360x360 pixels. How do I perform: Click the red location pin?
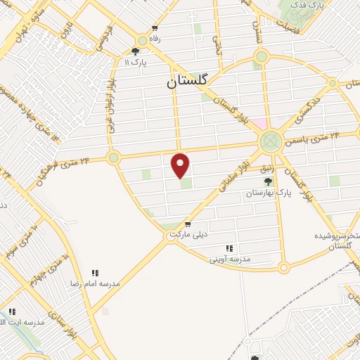tap(181, 165)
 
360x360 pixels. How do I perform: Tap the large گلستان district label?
tap(188, 81)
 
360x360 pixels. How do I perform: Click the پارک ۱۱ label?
tap(136, 63)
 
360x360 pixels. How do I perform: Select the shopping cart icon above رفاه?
tap(155, 29)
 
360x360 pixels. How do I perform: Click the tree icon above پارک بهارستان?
tap(268, 181)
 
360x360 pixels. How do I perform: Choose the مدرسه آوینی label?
tap(230, 259)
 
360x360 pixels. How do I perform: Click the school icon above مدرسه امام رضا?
tap(94, 273)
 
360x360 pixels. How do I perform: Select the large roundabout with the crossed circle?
tap(270, 141)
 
